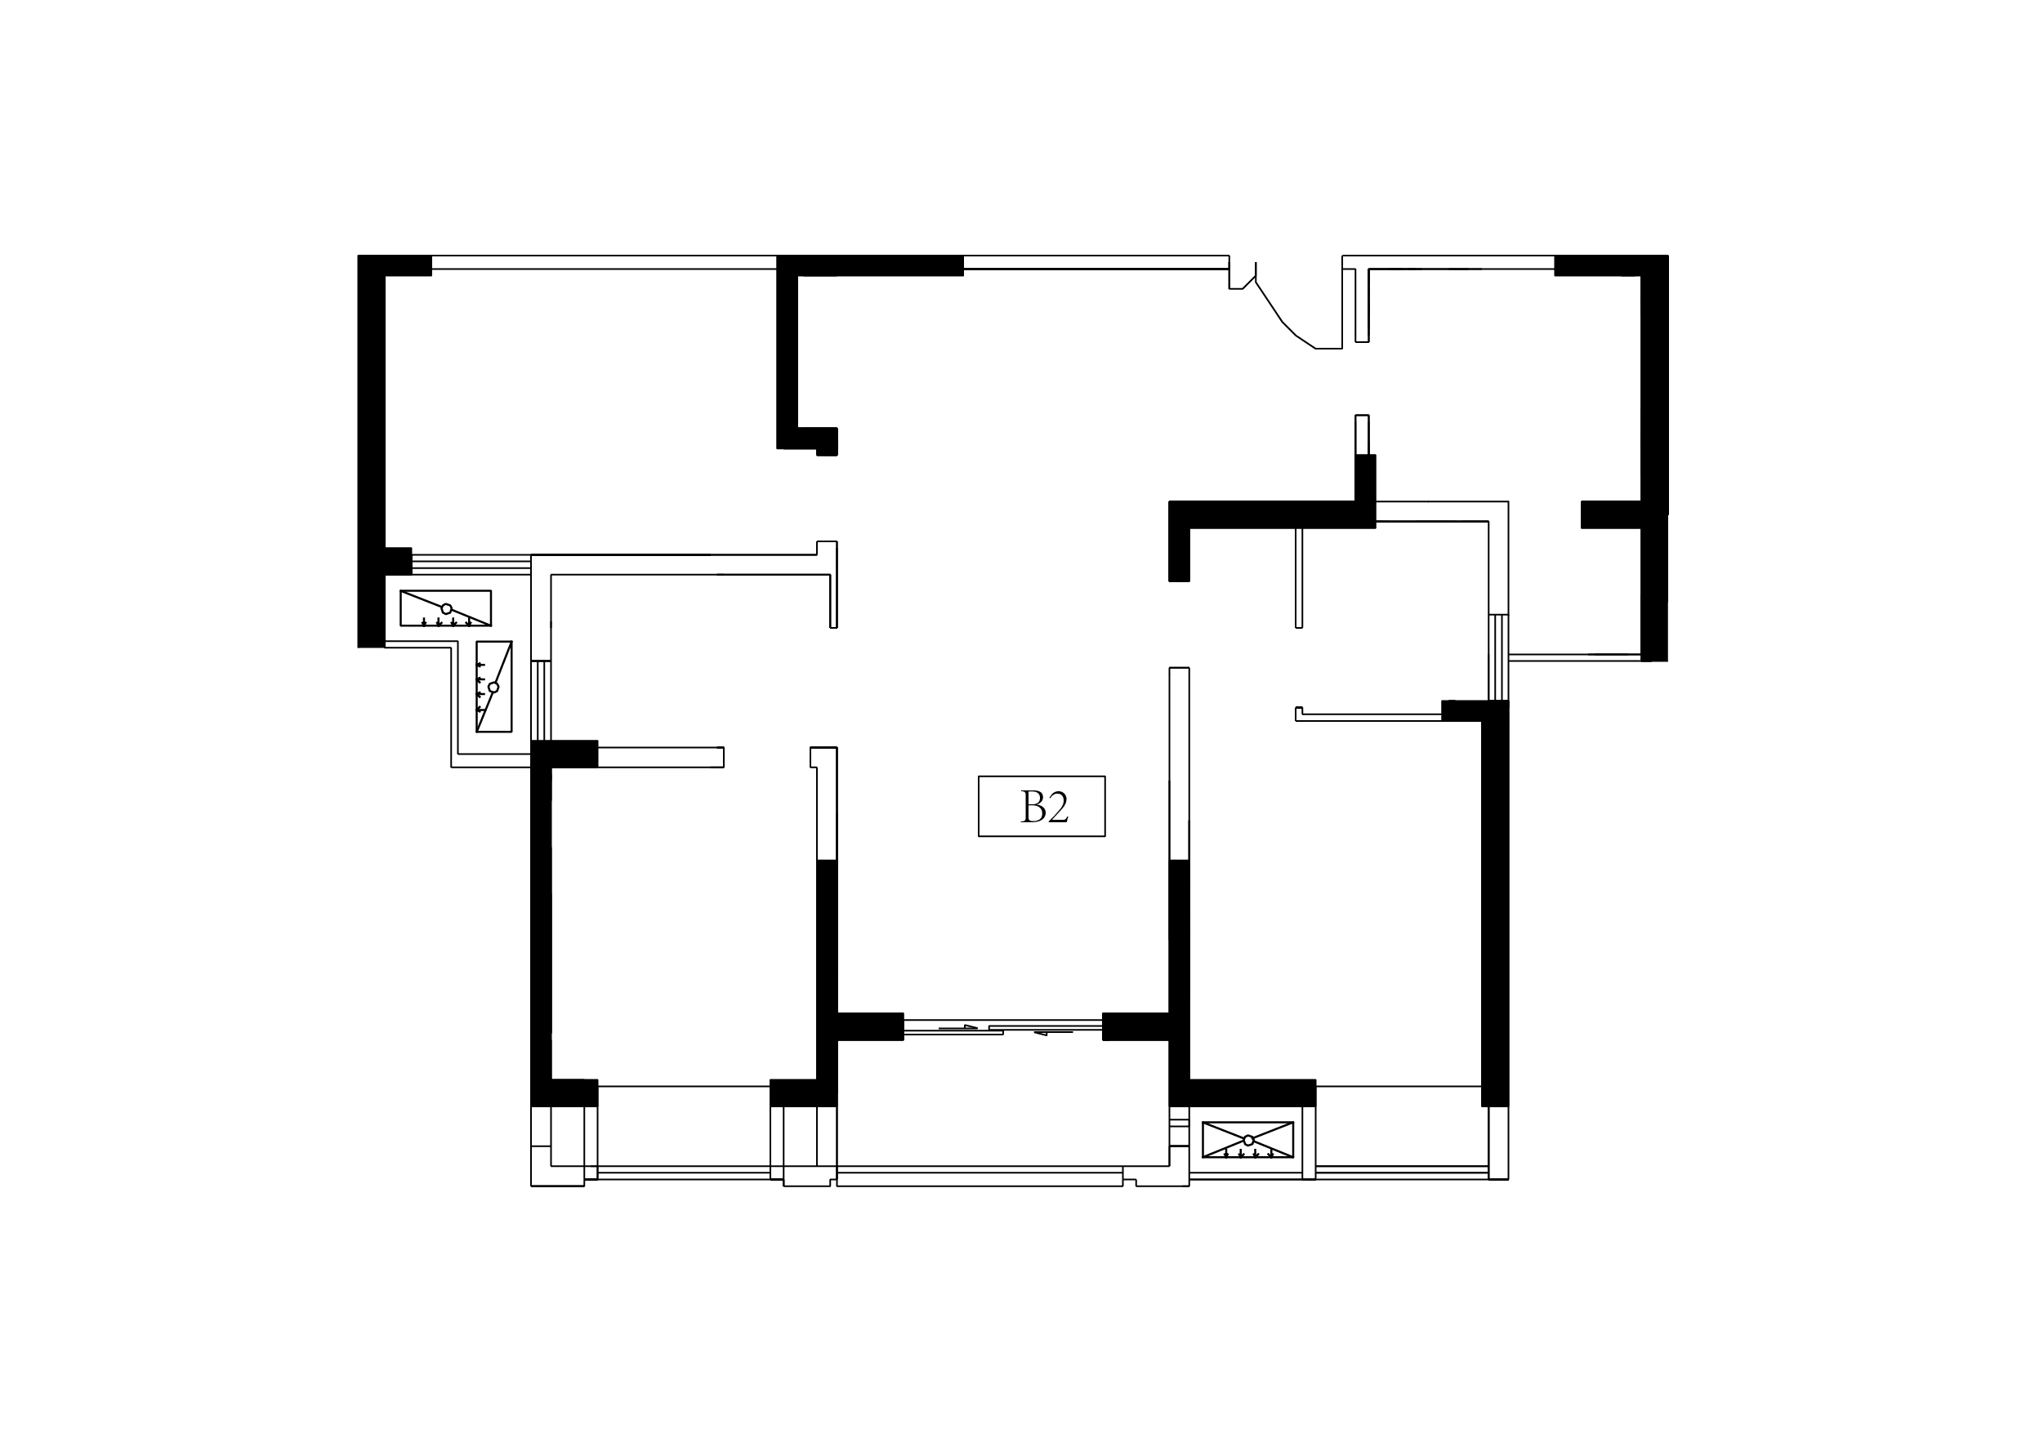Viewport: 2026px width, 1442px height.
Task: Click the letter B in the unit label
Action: pos(1033,806)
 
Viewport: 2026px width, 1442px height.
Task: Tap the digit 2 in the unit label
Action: pos(1058,806)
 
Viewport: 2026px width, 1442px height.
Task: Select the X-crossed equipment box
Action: pos(1248,1139)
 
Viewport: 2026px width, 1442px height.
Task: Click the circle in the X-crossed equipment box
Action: pos(1249,1140)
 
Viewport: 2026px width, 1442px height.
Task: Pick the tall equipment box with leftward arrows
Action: pos(494,687)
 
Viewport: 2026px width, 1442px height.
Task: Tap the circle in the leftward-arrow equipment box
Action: pos(494,688)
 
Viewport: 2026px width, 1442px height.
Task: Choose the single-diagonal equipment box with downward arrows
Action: pos(446,608)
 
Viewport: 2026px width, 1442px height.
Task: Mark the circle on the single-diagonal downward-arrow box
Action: pos(447,608)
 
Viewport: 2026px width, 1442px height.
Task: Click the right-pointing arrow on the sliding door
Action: pos(958,1027)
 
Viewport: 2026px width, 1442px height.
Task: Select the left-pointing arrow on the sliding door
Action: pos(1053,1033)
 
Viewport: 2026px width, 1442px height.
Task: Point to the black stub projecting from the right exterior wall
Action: pos(1610,515)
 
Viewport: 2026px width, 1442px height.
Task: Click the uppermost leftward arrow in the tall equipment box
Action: pos(480,664)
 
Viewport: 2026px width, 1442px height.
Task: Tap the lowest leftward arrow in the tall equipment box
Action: pos(480,710)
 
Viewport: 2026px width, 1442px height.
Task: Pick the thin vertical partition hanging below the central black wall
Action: pos(1299,578)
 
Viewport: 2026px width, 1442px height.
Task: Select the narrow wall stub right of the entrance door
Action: pos(1362,305)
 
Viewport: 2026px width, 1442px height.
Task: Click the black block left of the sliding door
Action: pos(870,1026)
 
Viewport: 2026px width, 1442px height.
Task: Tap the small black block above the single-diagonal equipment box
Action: pos(399,561)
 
